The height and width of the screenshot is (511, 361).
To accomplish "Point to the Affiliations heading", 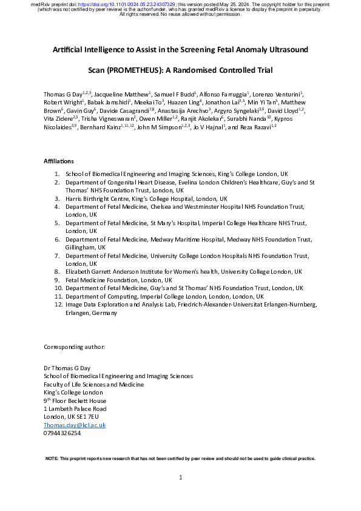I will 59,161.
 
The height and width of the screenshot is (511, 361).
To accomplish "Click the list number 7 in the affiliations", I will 56,257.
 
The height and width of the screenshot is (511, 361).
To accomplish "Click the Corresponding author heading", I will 74,347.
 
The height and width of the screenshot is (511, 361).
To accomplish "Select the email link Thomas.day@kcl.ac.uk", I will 75,425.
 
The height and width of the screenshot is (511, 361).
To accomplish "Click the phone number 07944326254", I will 62,433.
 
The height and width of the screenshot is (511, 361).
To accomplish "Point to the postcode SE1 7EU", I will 86,417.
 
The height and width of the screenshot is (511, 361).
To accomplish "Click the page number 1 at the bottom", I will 181,478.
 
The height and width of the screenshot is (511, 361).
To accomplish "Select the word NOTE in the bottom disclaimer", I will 52,458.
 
